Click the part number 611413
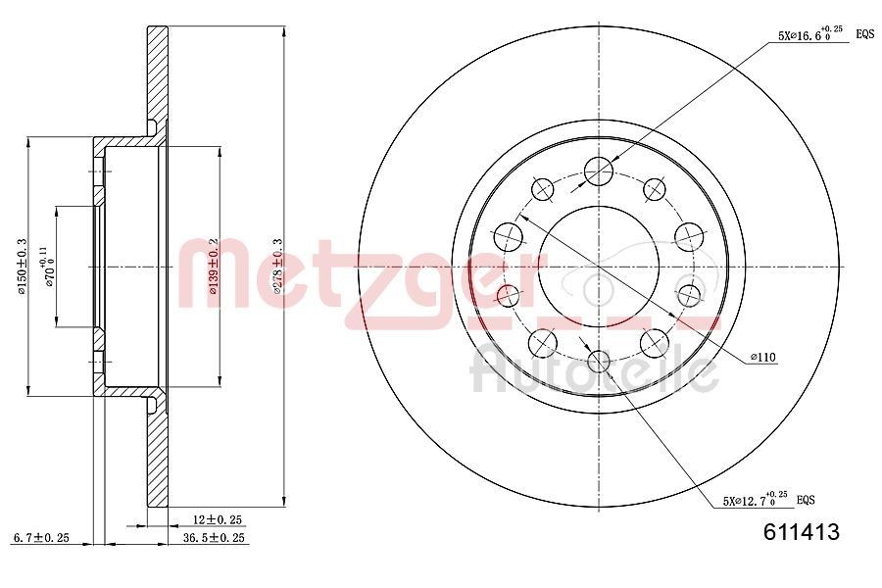(x=801, y=533)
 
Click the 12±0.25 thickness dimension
(x=217, y=519)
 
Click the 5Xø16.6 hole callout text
(x=809, y=34)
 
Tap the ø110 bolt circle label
(x=763, y=358)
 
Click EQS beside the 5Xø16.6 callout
(x=864, y=34)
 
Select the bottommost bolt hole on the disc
(x=598, y=361)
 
